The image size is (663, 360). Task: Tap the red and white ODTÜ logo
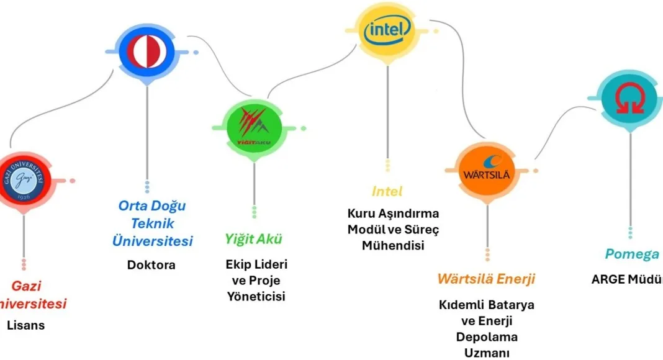147,52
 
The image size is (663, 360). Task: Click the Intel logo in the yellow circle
388,29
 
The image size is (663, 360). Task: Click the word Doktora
151,265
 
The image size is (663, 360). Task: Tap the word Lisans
25,325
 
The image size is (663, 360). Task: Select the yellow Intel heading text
387,191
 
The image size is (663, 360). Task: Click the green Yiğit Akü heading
254,239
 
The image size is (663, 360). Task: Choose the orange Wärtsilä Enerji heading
486,279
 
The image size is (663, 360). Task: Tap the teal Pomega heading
631,254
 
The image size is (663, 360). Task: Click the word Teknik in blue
152,223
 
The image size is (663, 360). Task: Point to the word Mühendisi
392,246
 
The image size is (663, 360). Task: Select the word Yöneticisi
256,297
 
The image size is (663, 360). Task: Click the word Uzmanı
487,353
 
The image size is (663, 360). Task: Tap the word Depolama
487,337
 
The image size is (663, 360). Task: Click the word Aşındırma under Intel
407,214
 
